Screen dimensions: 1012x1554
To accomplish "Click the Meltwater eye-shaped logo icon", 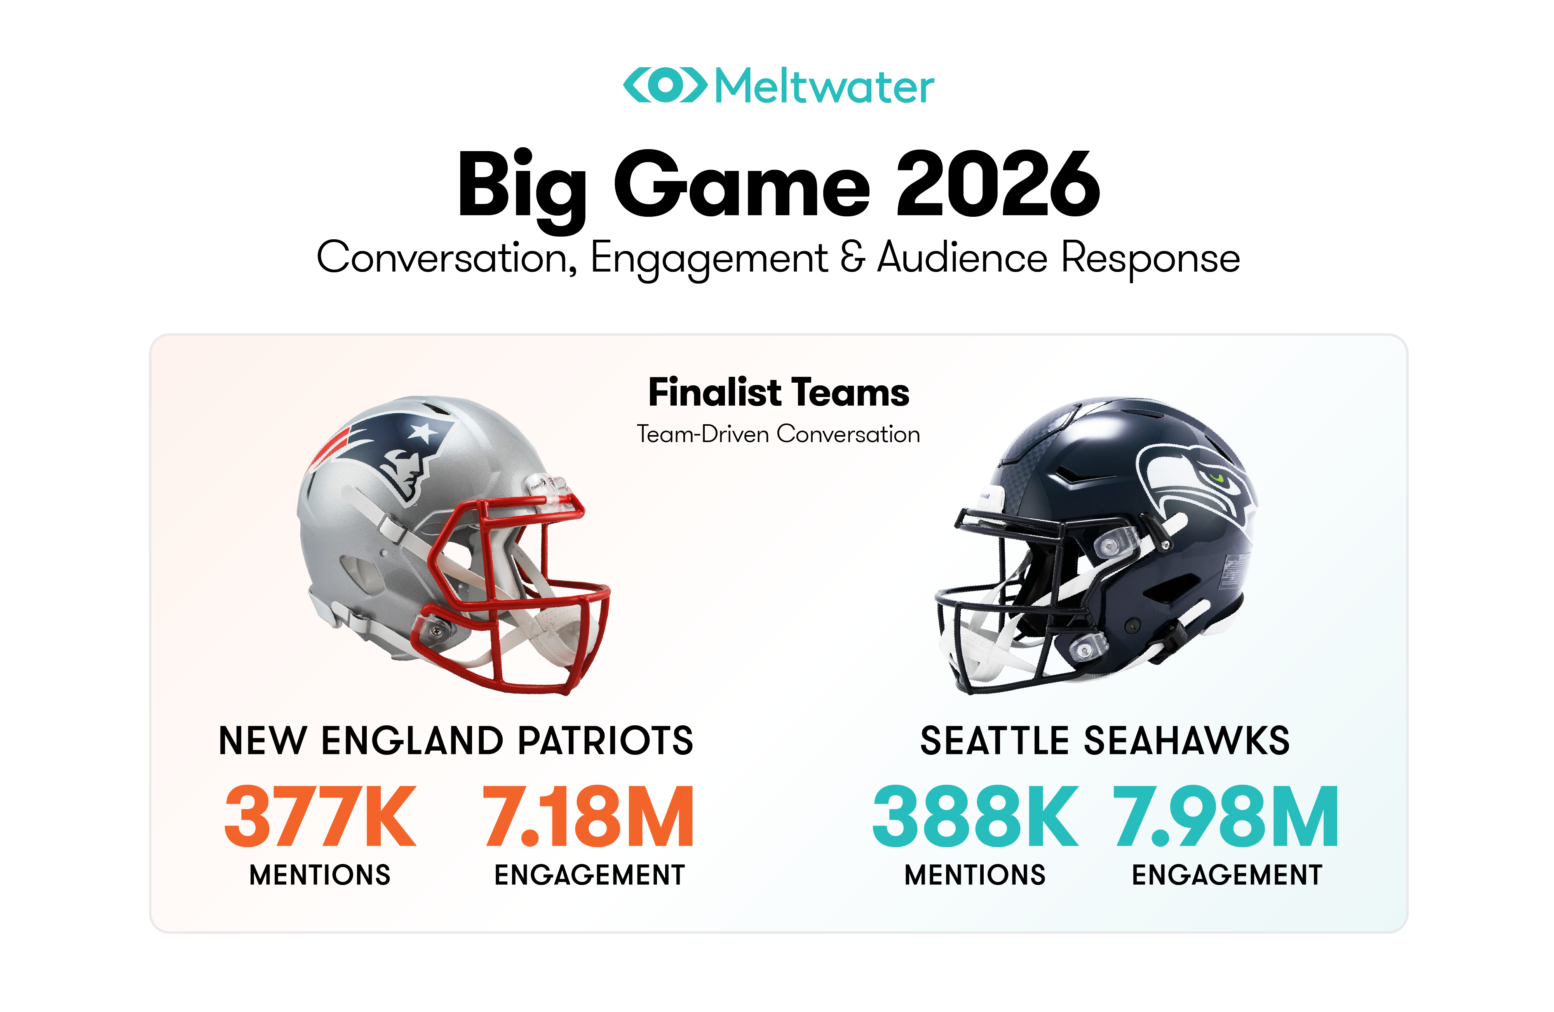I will [665, 85].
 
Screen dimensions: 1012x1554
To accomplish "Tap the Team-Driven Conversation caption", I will [778, 434].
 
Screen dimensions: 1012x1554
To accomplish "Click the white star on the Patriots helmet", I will [422, 432].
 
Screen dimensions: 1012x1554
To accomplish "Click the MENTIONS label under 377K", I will [320, 875].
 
